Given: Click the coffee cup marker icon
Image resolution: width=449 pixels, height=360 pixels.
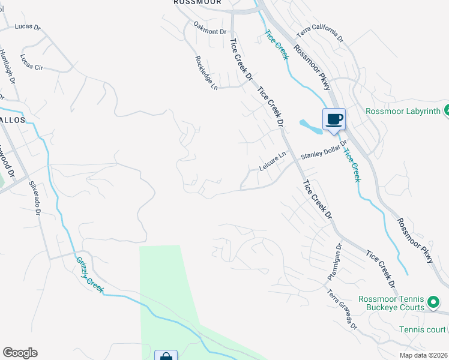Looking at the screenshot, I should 334,119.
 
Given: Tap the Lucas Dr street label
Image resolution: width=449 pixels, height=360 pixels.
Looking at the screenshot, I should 27,27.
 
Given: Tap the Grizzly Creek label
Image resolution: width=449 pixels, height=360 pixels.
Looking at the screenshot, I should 89,275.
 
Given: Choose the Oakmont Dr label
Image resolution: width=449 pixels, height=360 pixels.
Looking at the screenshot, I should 211,28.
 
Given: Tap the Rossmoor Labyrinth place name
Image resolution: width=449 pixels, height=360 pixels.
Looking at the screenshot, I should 403,111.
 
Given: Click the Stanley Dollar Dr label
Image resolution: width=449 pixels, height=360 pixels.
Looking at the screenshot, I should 324,155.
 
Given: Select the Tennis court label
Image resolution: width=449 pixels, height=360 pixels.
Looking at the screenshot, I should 423,329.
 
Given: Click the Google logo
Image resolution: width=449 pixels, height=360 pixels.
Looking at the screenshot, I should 20,353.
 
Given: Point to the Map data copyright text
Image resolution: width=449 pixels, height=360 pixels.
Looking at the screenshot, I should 424,355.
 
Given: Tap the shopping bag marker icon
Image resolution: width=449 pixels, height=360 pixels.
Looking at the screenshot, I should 166,356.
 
